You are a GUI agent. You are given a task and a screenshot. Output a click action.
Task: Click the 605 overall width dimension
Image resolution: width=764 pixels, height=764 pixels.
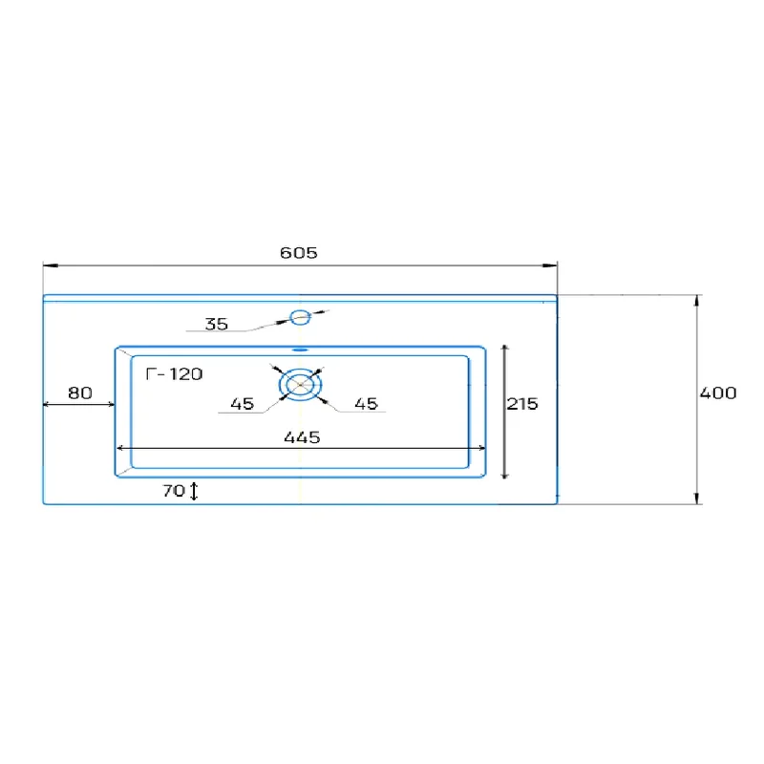coord(299,252)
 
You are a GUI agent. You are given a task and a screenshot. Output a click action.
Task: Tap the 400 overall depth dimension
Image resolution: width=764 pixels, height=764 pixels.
coord(718,393)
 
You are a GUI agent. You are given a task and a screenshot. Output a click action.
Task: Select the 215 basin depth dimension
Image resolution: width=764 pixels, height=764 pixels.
coord(522,403)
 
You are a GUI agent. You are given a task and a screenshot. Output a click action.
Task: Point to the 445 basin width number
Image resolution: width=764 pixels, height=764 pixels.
coord(302,437)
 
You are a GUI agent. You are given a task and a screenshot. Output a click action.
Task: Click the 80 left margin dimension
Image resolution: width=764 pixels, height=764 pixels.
coord(80,393)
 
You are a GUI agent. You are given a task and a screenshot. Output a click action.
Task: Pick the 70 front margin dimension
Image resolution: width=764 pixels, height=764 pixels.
coord(174,490)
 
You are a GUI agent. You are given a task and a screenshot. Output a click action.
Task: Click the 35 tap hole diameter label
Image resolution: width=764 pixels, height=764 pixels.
coord(217,324)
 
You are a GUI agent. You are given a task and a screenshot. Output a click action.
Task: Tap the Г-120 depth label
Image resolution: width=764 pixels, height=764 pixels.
coord(174,373)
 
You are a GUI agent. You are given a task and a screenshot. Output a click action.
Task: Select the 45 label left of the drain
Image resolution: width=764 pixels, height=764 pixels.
coord(243,403)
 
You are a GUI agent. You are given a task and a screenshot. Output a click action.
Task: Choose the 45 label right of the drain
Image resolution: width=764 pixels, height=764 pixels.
coord(367,403)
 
